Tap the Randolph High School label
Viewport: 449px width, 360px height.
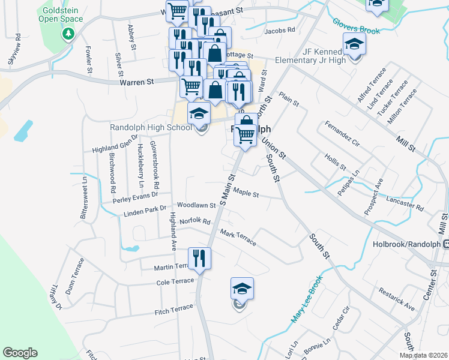pyautogui.click(x=151, y=127)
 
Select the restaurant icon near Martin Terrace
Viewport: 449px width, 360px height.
pyautogui.click(x=199, y=259)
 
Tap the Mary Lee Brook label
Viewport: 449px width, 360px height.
pyautogui.click(x=307, y=299)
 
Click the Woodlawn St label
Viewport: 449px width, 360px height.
pyautogui.click(x=196, y=205)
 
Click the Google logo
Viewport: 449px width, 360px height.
pyautogui.click(x=20, y=353)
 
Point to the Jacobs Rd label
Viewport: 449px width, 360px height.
pyautogui.click(x=280, y=29)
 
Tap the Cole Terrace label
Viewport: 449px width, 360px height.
pyautogui.click(x=175, y=281)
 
